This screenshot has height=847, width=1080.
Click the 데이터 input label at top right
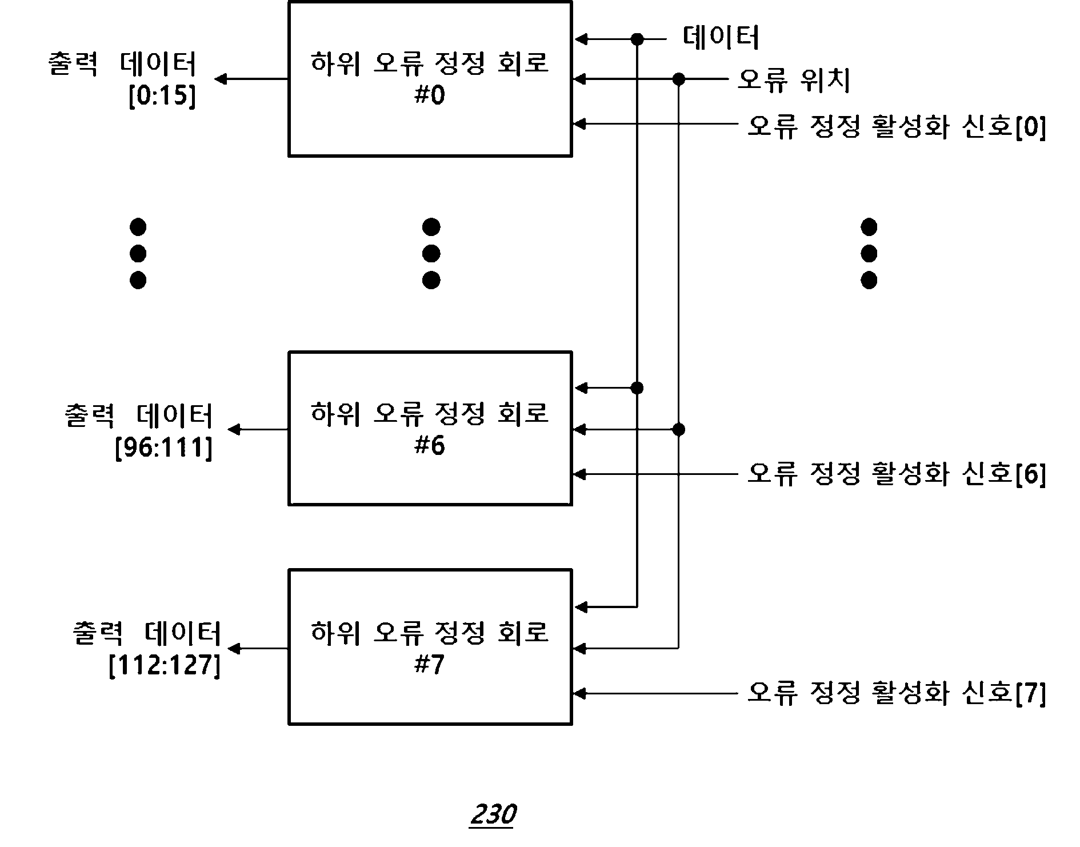coord(721,38)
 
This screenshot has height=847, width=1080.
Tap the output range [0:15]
coord(162,96)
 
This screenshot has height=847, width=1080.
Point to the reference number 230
coord(493,814)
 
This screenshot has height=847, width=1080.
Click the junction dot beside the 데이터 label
coord(637,39)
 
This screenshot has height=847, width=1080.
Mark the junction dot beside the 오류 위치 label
coord(678,79)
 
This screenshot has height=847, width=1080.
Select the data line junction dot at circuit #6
coord(637,388)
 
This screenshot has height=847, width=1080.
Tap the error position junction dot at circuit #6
coord(678,429)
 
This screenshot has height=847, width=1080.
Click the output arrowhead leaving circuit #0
coord(220,79)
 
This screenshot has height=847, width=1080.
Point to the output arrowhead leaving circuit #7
coord(234,648)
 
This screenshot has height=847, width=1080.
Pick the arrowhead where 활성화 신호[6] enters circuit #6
coord(579,474)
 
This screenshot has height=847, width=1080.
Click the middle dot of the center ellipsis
coord(431,254)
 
